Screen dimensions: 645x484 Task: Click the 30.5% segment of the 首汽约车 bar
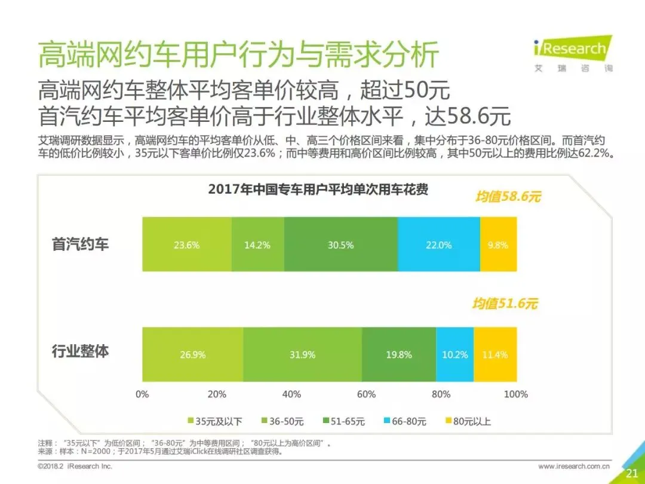(x=341, y=244)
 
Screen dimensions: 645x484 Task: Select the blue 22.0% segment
(x=439, y=244)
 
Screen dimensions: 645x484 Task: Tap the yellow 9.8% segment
(x=499, y=244)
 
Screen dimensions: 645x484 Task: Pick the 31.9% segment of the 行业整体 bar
(x=302, y=354)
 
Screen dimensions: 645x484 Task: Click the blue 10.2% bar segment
(x=455, y=354)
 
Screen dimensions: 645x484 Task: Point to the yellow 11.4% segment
(x=495, y=354)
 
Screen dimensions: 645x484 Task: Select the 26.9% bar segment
(x=193, y=354)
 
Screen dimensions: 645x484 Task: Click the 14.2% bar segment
(x=258, y=244)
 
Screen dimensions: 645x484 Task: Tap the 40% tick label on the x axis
(x=291, y=394)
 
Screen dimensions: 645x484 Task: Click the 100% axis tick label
(x=516, y=394)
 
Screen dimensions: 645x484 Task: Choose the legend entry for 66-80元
(x=405, y=421)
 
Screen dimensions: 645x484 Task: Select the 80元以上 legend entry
(x=469, y=421)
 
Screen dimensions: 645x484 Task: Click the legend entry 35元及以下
(x=215, y=421)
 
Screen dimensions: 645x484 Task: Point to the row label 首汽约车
(x=80, y=244)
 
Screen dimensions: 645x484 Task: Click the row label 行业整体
(x=80, y=351)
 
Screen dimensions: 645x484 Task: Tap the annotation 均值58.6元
(x=508, y=197)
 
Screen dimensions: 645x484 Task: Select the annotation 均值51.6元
(x=505, y=304)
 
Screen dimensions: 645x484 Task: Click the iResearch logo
(x=573, y=54)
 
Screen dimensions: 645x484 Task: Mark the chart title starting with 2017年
(x=318, y=189)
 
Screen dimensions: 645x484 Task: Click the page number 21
(x=632, y=473)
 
